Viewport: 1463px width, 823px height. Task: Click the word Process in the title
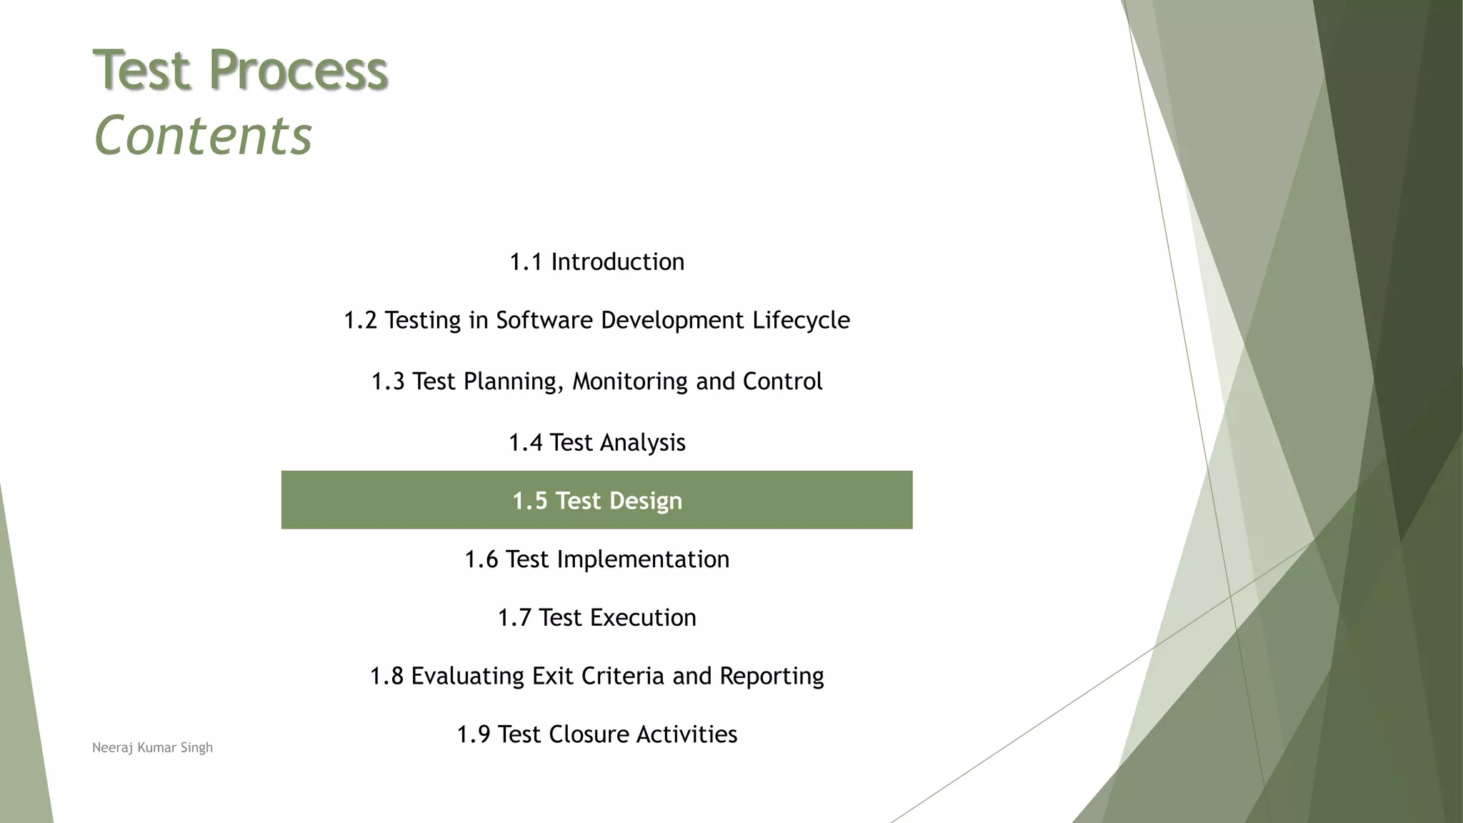coord(299,70)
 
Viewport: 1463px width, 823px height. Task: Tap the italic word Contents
coord(203,136)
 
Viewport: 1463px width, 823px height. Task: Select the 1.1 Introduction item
coord(596,262)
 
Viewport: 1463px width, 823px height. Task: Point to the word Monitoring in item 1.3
coord(630,381)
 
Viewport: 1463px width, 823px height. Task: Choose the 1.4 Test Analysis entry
coord(596,443)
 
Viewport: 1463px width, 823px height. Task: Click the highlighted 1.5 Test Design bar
coord(596,500)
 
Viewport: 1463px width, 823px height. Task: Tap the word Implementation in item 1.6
coord(643,559)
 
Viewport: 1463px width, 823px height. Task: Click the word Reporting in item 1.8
coord(772,677)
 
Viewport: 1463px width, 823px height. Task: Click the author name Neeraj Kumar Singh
coord(152,748)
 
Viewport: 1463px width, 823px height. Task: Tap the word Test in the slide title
coord(143,70)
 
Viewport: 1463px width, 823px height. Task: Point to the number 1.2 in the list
coord(360,321)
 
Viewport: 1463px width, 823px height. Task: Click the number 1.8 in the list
coord(386,677)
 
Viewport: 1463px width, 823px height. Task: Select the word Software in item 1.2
coord(544,321)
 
